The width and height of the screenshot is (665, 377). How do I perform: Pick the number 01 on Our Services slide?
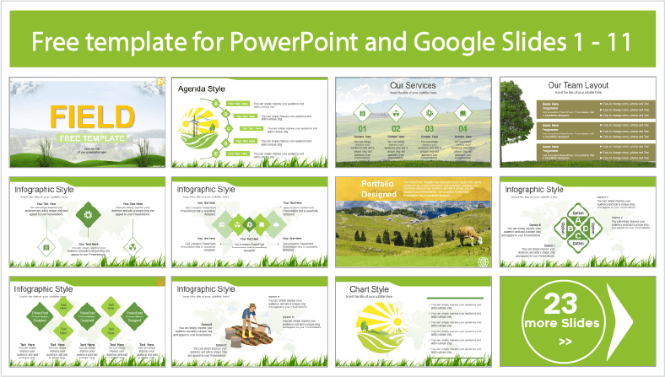[362, 128]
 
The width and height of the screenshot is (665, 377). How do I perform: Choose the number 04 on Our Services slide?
[462, 128]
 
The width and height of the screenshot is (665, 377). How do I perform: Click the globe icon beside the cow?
[483, 261]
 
